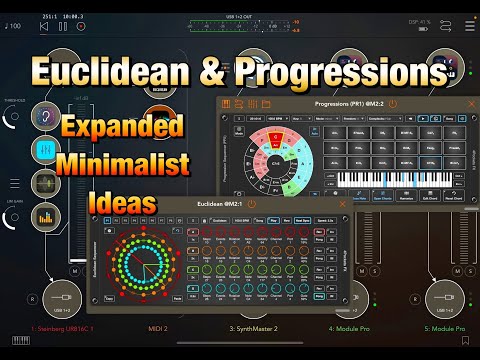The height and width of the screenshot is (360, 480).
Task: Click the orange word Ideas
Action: (121, 201)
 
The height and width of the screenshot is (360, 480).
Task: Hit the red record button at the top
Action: (84, 26)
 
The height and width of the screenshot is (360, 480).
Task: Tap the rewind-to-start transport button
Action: (43, 26)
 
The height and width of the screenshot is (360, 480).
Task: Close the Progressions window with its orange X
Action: (471, 103)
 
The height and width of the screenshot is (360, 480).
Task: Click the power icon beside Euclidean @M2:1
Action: (258, 203)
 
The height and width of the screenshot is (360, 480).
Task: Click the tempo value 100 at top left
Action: (14, 26)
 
